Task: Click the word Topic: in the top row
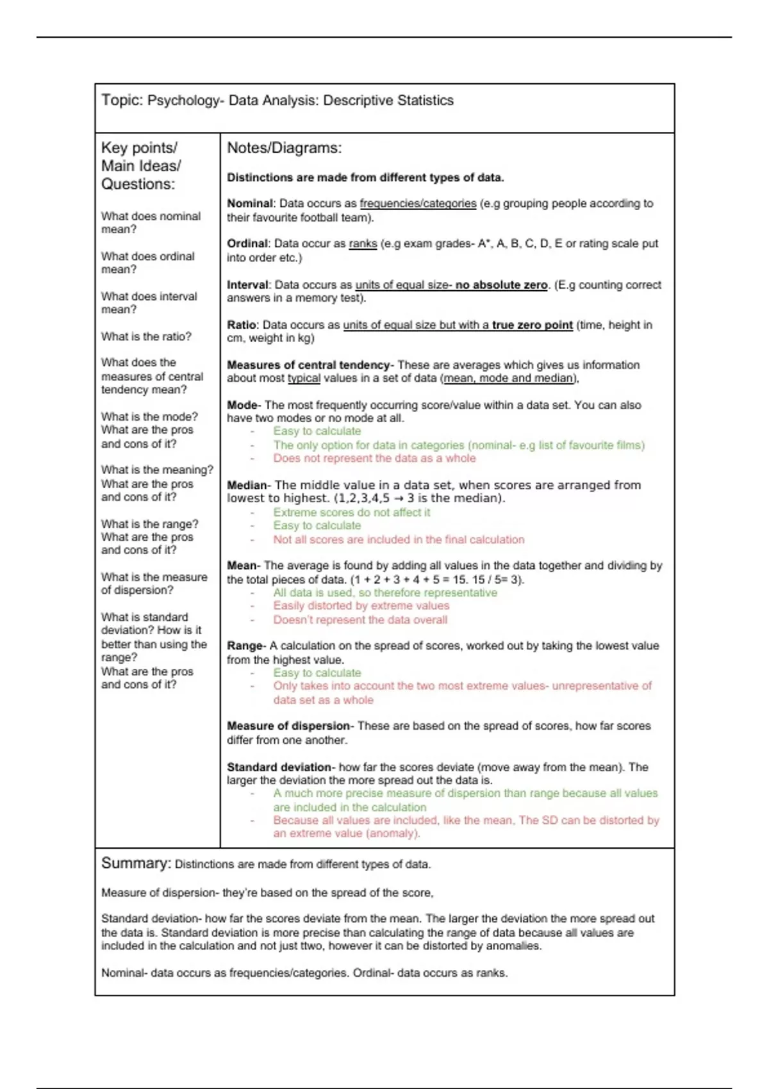(122, 101)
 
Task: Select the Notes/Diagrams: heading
(284, 148)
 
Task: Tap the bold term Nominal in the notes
(250, 204)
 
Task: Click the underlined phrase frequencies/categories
(418, 204)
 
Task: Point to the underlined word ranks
(363, 244)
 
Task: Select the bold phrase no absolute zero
(501, 285)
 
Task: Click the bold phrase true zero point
(532, 325)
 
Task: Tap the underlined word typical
(304, 379)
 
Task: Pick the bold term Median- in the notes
(249, 486)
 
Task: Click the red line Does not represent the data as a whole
(374, 459)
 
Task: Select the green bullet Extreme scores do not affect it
(351, 512)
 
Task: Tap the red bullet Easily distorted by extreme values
(361, 606)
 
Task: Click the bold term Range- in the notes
(246, 646)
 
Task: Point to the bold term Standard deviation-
(281, 767)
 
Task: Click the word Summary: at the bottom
(136, 864)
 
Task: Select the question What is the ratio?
(146, 337)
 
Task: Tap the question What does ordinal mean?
(147, 263)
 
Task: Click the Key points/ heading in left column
(139, 148)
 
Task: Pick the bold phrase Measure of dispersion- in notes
(290, 726)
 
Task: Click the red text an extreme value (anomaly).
(347, 834)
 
